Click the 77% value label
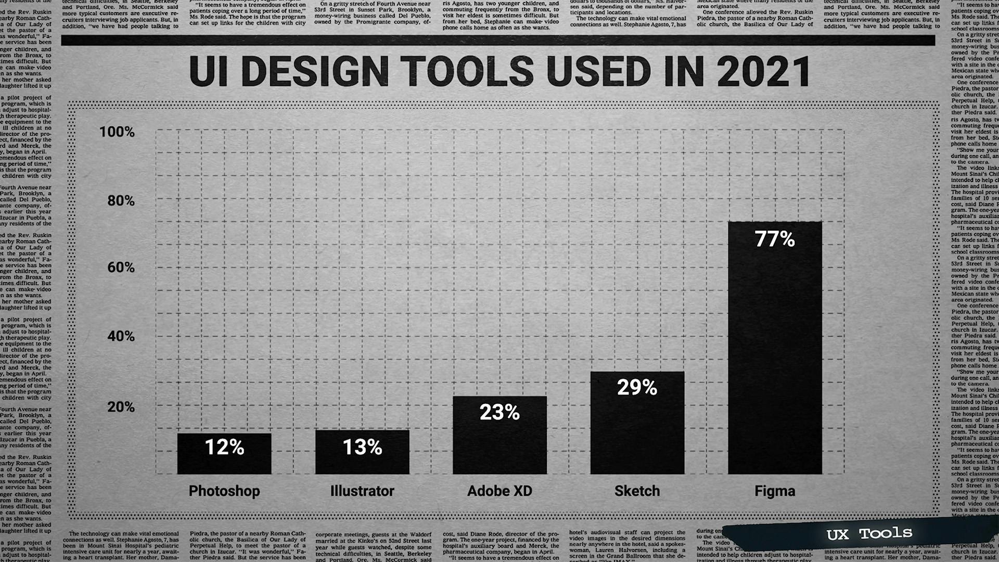point(775,239)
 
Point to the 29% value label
point(637,387)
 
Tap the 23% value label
point(499,412)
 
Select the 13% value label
point(362,447)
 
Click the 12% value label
point(224,447)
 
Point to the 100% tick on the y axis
point(117,132)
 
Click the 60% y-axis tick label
point(121,267)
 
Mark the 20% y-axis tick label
point(121,407)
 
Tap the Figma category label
point(775,491)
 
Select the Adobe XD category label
point(499,491)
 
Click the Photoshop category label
point(224,491)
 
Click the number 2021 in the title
point(763,71)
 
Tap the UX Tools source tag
point(869,534)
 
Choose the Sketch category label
point(637,491)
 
